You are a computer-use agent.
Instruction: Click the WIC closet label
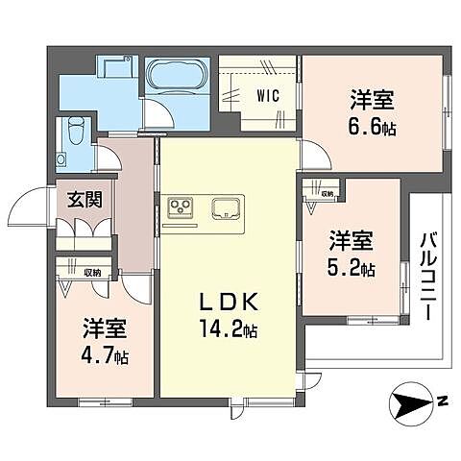268,95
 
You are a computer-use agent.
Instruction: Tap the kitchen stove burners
181,206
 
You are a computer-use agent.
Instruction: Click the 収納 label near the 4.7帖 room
92,273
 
